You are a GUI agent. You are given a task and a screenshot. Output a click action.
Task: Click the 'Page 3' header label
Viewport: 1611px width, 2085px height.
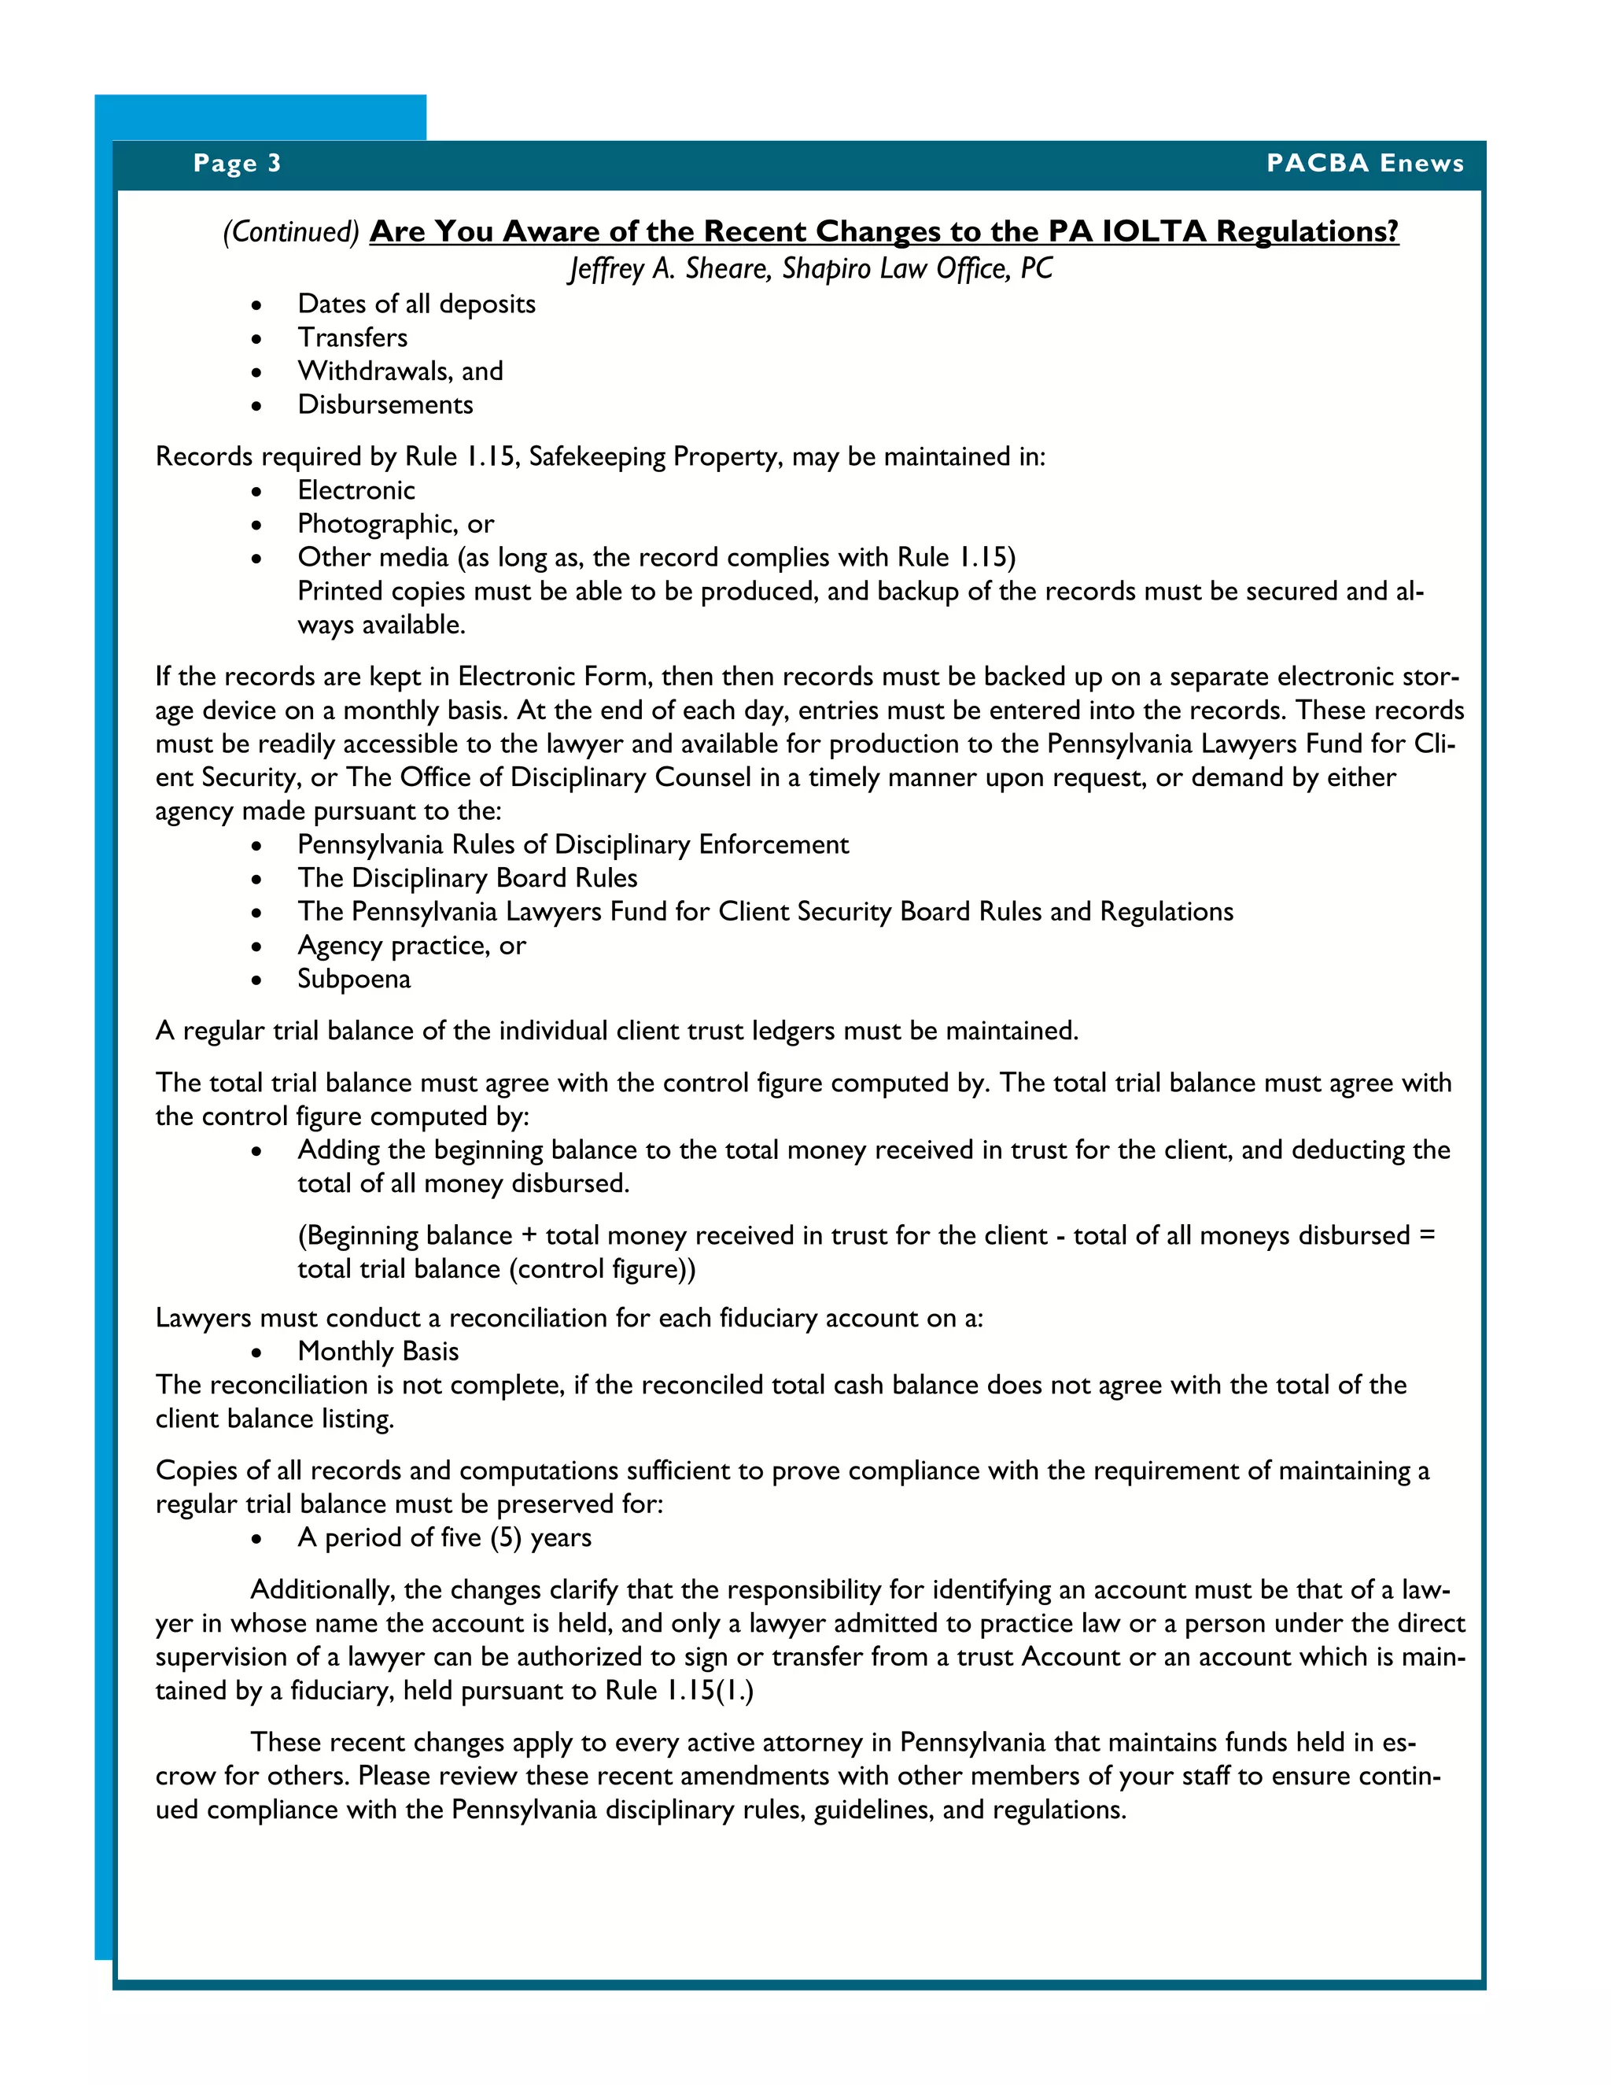click(x=237, y=163)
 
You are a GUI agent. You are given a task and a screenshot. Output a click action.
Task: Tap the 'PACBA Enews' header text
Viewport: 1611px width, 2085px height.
click(x=1364, y=163)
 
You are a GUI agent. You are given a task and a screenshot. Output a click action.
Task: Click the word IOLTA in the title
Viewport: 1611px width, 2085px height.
click(x=1154, y=231)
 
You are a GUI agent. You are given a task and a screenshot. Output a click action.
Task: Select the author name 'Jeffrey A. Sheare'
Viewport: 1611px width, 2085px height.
click(x=669, y=269)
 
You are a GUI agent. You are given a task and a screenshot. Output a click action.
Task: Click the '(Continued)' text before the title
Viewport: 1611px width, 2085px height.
click(x=291, y=232)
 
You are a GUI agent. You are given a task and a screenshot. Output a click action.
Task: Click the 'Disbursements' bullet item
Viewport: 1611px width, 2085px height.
click(x=385, y=404)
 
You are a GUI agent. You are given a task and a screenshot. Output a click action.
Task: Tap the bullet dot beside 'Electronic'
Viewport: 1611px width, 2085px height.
click(x=256, y=492)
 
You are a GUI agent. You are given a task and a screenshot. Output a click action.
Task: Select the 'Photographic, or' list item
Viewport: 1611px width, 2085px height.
click(x=395, y=524)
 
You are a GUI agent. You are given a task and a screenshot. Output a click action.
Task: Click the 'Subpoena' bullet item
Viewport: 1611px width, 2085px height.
click(x=353, y=980)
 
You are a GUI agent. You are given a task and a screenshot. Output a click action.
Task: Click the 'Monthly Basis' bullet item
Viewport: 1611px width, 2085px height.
click(x=378, y=1352)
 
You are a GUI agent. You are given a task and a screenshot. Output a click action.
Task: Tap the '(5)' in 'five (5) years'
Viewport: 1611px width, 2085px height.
click(x=506, y=1538)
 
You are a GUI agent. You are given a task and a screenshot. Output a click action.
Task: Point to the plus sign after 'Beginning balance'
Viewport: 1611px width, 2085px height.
click(x=529, y=1235)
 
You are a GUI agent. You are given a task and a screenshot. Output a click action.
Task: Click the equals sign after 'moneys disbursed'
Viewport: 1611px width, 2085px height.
click(x=1427, y=1235)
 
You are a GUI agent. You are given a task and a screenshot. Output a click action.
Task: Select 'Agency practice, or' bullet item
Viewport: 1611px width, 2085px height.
click(x=411, y=946)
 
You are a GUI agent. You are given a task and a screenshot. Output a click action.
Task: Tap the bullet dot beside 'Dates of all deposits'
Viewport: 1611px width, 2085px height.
click(x=256, y=305)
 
